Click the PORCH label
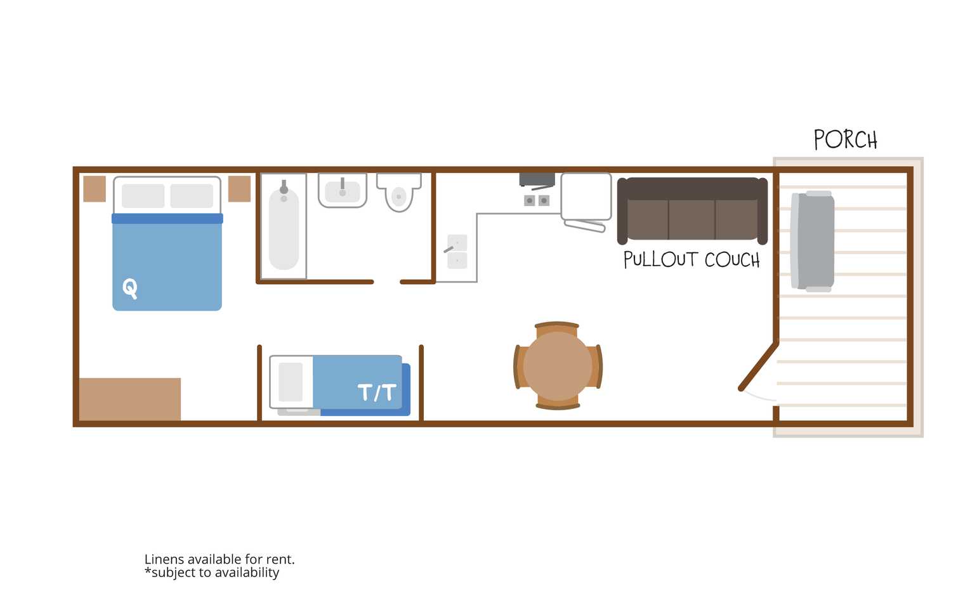tap(845, 140)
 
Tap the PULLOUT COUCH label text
tap(692, 260)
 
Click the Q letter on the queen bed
tap(130, 289)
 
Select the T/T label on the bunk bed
tap(377, 393)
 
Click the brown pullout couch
tap(692, 210)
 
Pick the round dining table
tap(558, 367)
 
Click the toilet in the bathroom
tap(398, 192)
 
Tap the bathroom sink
tap(343, 190)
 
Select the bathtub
tap(284, 226)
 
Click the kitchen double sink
tap(457, 252)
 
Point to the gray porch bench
tap(812, 241)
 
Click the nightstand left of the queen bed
tap(95, 189)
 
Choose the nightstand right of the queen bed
tap(239, 189)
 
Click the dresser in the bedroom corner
tap(130, 399)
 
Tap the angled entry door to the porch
tap(759, 367)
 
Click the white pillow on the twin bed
tap(291, 382)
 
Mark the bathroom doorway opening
tap(387, 282)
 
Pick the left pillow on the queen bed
tap(143, 196)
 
